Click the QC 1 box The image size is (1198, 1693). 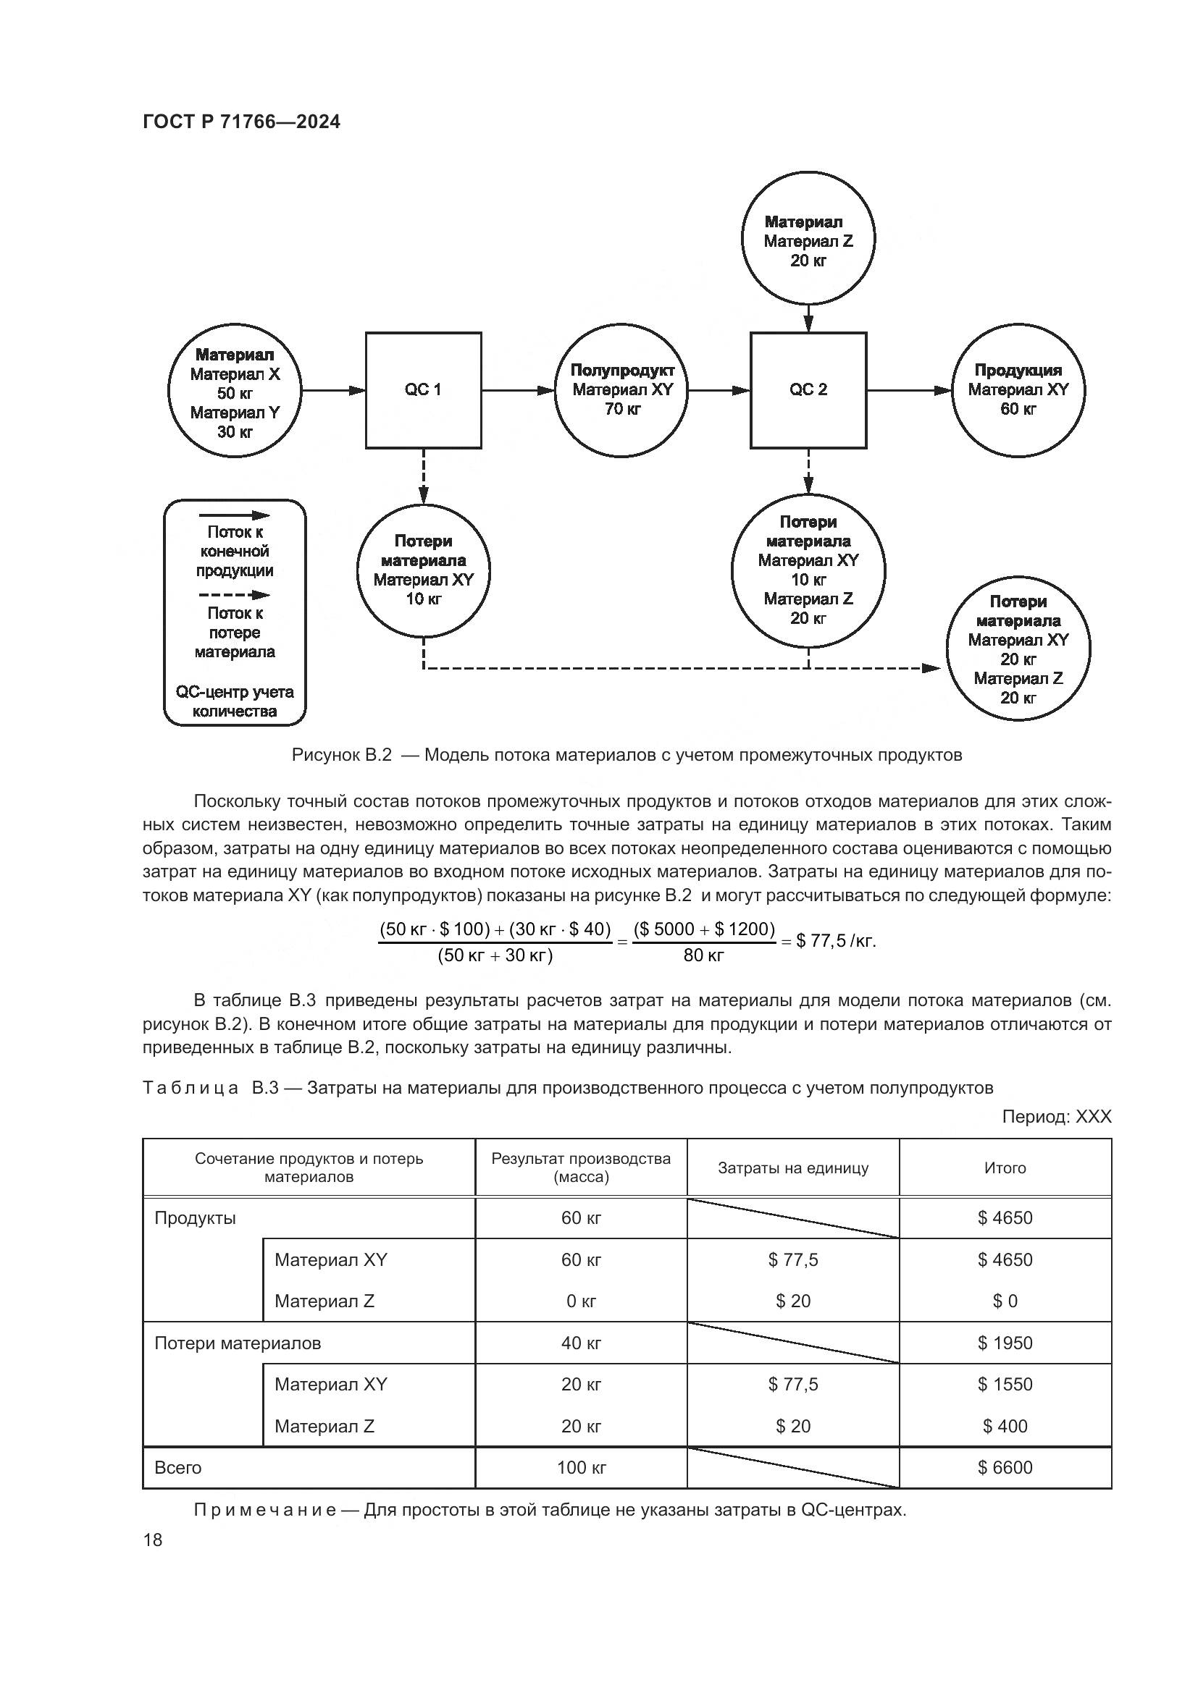424,390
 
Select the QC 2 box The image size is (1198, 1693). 808,390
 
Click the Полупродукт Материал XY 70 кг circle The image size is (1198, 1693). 622,390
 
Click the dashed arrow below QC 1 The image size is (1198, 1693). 424,476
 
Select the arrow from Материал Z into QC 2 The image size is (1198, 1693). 808,318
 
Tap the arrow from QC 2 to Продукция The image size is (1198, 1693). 910,390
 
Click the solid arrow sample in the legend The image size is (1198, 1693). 235,515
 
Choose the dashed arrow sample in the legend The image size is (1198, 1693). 235,595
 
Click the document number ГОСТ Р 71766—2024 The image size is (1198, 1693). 241,122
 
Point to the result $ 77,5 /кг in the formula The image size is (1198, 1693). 836,942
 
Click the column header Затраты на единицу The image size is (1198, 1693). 793,1168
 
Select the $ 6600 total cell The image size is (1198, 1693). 1005,1467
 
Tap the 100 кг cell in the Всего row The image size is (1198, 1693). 582,1467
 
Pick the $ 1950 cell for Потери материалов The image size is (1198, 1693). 1005,1343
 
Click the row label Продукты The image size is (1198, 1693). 196,1218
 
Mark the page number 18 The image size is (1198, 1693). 153,1540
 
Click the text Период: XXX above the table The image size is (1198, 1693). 1055,1117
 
